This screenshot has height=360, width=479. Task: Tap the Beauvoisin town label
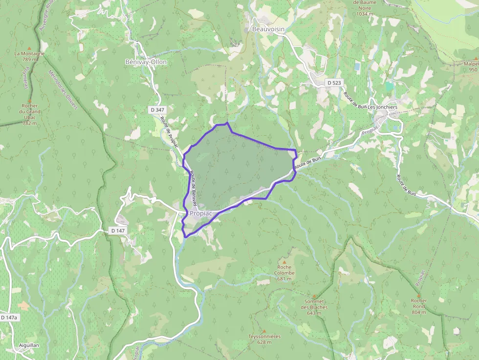[x=268, y=29]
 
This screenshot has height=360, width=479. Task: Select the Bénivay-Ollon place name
[x=146, y=62]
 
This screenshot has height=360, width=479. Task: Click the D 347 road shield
[x=157, y=110]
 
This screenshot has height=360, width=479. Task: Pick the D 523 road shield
[x=334, y=83]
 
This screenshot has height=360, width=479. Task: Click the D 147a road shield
[x=9, y=318]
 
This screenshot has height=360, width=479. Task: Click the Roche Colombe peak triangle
[x=284, y=262]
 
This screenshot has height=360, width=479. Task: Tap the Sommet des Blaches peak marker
[x=314, y=296]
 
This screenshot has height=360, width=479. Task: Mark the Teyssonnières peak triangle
[x=264, y=331]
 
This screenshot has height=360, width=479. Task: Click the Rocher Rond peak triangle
[x=419, y=295]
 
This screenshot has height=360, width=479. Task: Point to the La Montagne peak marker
[x=29, y=48]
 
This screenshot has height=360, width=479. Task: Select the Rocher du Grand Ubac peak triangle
[x=29, y=100]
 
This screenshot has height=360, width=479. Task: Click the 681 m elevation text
[x=284, y=279]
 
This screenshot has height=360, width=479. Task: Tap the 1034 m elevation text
[x=365, y=14]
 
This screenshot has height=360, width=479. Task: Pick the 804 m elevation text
[x=419, y=312]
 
